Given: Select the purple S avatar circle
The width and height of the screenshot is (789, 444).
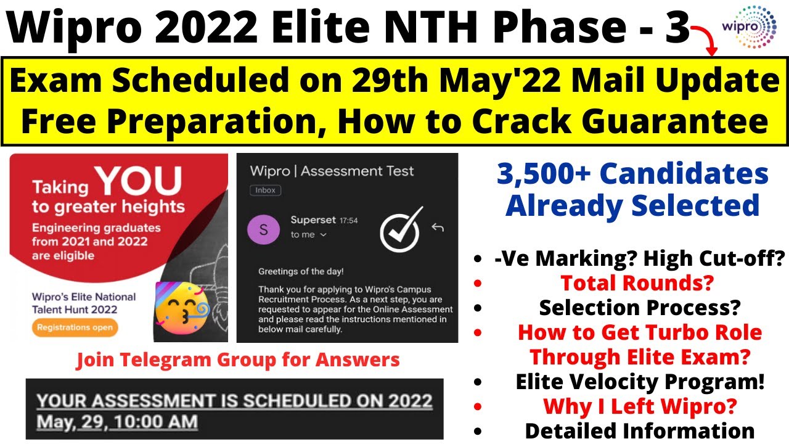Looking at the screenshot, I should tap(264, 229).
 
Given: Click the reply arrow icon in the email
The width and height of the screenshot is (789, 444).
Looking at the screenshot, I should tap(438, 228).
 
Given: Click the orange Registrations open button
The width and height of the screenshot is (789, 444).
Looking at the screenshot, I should tap(75, 327).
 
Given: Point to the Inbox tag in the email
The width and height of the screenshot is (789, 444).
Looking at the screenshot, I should tap(265, 191).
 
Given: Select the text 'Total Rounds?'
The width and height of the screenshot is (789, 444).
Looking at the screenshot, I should tap(637, 283).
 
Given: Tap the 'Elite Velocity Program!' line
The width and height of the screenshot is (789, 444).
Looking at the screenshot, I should tap(640, 382).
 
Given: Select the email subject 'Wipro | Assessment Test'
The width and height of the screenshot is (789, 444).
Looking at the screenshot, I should tap(332, 171).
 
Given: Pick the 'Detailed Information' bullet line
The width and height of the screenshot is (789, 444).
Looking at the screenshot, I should tap(639, 430).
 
